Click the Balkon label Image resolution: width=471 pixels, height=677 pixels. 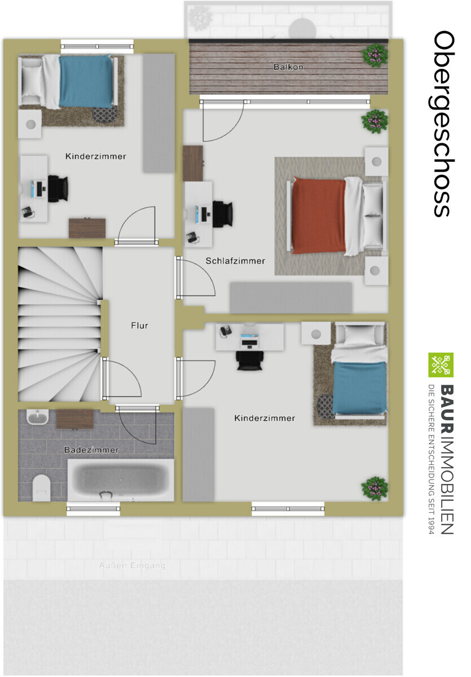tap(288, 67)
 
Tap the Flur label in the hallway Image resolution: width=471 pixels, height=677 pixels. tap(139, 326)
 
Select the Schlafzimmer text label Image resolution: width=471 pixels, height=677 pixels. tap(235, 261)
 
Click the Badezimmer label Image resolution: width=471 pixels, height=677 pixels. tap(91, 450)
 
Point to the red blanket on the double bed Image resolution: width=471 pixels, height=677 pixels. tap(319, 216)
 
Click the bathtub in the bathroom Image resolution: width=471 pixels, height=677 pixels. tap(121, 480)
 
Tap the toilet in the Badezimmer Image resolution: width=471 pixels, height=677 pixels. tap(41, 487)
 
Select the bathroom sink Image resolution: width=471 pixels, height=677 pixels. tap(38, 417)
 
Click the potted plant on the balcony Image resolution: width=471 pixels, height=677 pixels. tap(375, 55)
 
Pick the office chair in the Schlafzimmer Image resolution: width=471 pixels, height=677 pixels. tap(223, 214)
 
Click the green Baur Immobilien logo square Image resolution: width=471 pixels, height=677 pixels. tap(441, 365)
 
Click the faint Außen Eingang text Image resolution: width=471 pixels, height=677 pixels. tap(132, 565)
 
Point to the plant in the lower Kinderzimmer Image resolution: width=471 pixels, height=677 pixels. tap(375, 488)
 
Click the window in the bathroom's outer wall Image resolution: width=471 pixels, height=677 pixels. tap(93, 509)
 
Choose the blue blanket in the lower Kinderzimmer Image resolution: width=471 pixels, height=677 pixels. tap(359, 388)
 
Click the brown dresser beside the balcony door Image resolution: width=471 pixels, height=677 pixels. tap(193, 163)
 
